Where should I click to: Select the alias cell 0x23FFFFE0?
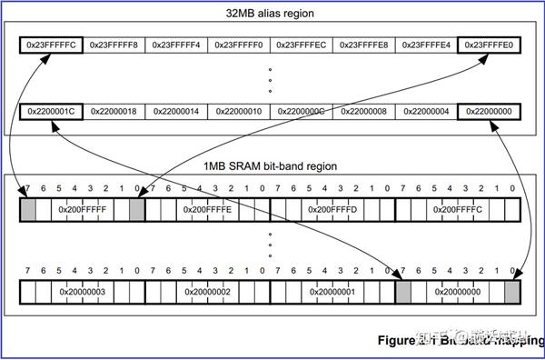pyautogui.click(x=490, y=44)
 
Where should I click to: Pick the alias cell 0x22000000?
pyautogui.click(x=490, y=111)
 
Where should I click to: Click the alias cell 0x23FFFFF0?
pyautogui.click(x=239, y=44)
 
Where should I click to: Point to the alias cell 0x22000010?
pyautogui.click(x=239, y=111)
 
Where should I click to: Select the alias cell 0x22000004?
pyautogui.click(x=427, y=111)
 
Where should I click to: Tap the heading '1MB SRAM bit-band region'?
pyautogui.click(x=271, y=166)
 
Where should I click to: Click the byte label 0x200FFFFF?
pyautogui.click(x=82, y=209)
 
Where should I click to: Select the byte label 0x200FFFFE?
pyautogui.click(x=207, y=209)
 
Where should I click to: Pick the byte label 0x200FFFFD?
pyautogui.click(x=332, y=209)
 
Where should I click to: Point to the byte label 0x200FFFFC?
pyautogui.click(x=458, y=209)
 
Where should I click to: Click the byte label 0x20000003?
pyautogui.click(x=82, y=292)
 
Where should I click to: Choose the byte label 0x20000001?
pyautogui.click(x=332, y=292)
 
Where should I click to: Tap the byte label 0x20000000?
pyautogui.click(x=458, y=292)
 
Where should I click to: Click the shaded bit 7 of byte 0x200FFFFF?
pyautogui.click(x=27, y=209)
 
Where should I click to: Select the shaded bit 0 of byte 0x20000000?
pyautogui.click(x=512, y=292)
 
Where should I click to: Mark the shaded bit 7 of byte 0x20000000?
pyautogui.click(x=403, y=292)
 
